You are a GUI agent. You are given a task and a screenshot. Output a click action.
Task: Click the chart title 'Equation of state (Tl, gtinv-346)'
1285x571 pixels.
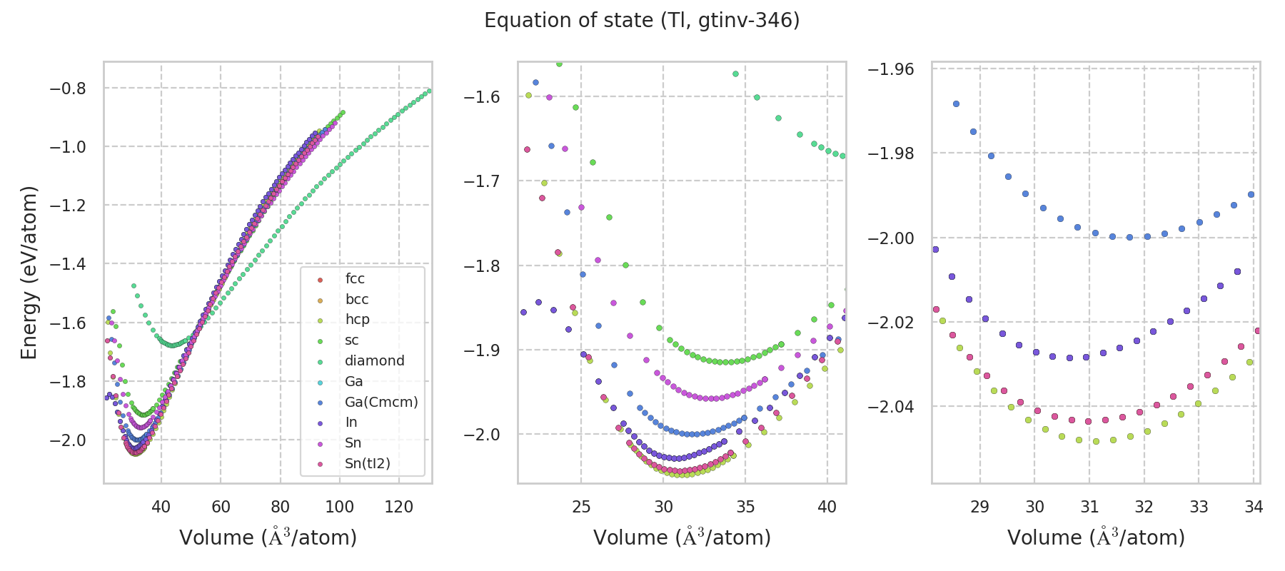click(642, 20)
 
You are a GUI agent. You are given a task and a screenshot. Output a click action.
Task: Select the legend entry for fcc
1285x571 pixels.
click(355, 279)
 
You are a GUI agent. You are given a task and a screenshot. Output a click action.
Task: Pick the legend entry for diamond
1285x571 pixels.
click(374, 361)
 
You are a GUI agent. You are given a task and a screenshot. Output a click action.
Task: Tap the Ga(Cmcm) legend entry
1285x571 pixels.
click(381, 402)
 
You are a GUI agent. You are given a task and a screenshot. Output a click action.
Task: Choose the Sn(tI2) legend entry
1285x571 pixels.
click(367, 464)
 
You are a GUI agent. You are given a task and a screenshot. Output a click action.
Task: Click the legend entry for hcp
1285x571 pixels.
click(357, 320)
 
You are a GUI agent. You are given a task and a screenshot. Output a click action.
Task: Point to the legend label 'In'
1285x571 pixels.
click(351, 423)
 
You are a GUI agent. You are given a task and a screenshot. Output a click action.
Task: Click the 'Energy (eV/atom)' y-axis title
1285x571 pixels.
click(29, 273)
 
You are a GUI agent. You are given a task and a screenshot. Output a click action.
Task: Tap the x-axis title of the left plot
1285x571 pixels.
click(268, 537)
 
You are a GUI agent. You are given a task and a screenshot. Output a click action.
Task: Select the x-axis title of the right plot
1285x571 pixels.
click(1096, 537)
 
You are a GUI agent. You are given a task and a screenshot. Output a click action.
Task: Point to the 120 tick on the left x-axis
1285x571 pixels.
click(399, 507)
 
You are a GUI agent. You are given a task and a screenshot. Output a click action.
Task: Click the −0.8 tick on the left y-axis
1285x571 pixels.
click(67, 89)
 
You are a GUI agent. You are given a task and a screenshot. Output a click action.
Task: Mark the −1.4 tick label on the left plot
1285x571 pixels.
click(67, 265)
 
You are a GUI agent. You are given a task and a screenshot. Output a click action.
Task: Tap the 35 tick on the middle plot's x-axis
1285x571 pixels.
click(745, 507)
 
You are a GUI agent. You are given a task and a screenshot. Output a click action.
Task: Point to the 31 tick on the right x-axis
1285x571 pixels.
click(1089, 507)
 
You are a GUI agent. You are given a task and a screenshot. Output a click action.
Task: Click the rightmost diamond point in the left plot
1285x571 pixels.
click(429, 91)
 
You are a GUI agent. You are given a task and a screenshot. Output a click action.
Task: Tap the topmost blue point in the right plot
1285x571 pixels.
click(956, 104)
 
